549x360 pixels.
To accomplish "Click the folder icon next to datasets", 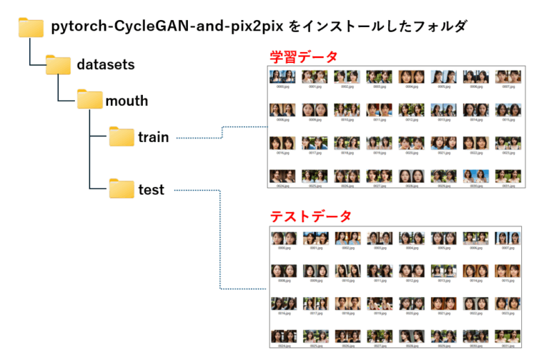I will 59,65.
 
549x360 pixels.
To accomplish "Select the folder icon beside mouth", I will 90,100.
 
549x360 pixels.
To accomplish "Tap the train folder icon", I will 122,137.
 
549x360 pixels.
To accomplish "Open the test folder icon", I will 122,189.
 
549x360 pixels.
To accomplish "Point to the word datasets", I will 106,65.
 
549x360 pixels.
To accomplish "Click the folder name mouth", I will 127,101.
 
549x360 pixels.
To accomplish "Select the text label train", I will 154,137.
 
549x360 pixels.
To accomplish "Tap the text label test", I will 151,190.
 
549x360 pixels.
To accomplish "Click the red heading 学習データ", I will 303,56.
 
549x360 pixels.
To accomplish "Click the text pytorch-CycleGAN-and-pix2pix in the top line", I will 168,27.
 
